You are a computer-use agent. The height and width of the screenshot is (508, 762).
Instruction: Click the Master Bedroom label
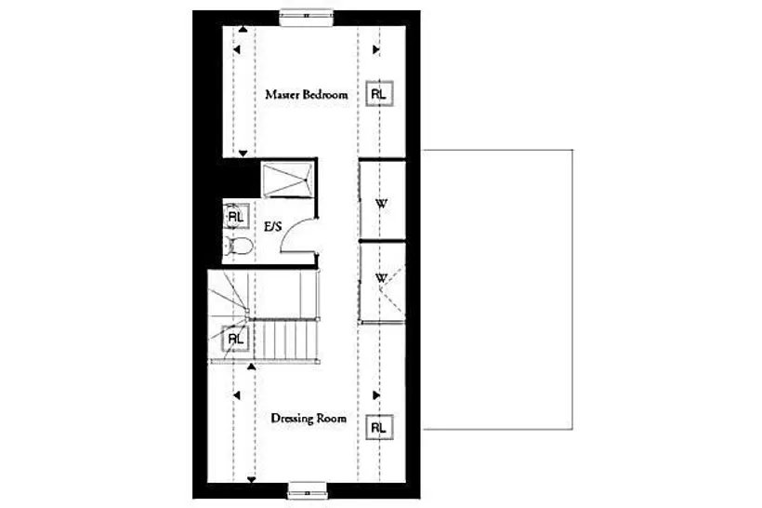pos(306,94)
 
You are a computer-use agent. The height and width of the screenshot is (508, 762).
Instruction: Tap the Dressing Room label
pos(309,419)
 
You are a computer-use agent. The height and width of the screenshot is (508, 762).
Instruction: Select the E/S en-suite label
pos(272,227)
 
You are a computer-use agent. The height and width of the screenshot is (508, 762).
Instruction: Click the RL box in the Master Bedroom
pos(378,94)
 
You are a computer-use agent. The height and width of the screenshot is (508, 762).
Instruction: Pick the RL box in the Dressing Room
pos(378,428)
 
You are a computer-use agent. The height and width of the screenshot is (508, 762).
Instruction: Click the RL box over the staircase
pos(236,339)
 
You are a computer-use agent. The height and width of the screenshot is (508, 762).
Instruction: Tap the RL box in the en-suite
pos(236,217)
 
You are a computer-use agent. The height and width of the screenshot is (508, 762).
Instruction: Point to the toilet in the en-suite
pos(240,247)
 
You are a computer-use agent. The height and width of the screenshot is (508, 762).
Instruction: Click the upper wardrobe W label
pos(382,204)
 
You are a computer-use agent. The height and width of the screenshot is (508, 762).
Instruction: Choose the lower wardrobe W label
pos(382,278)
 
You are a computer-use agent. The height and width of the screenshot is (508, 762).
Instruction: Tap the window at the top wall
pos(307,16)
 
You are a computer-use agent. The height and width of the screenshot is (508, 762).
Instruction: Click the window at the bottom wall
pos(307,490)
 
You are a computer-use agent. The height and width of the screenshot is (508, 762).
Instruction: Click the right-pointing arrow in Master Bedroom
pos(375,49)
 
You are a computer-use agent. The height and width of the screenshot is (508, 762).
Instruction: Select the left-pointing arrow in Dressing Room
pos(237,395)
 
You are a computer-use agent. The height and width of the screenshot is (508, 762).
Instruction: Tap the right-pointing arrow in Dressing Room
pos(375,395)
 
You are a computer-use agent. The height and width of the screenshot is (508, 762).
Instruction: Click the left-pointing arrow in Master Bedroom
pos(237,49)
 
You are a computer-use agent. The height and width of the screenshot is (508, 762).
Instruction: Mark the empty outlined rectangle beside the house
pos(572,289)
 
